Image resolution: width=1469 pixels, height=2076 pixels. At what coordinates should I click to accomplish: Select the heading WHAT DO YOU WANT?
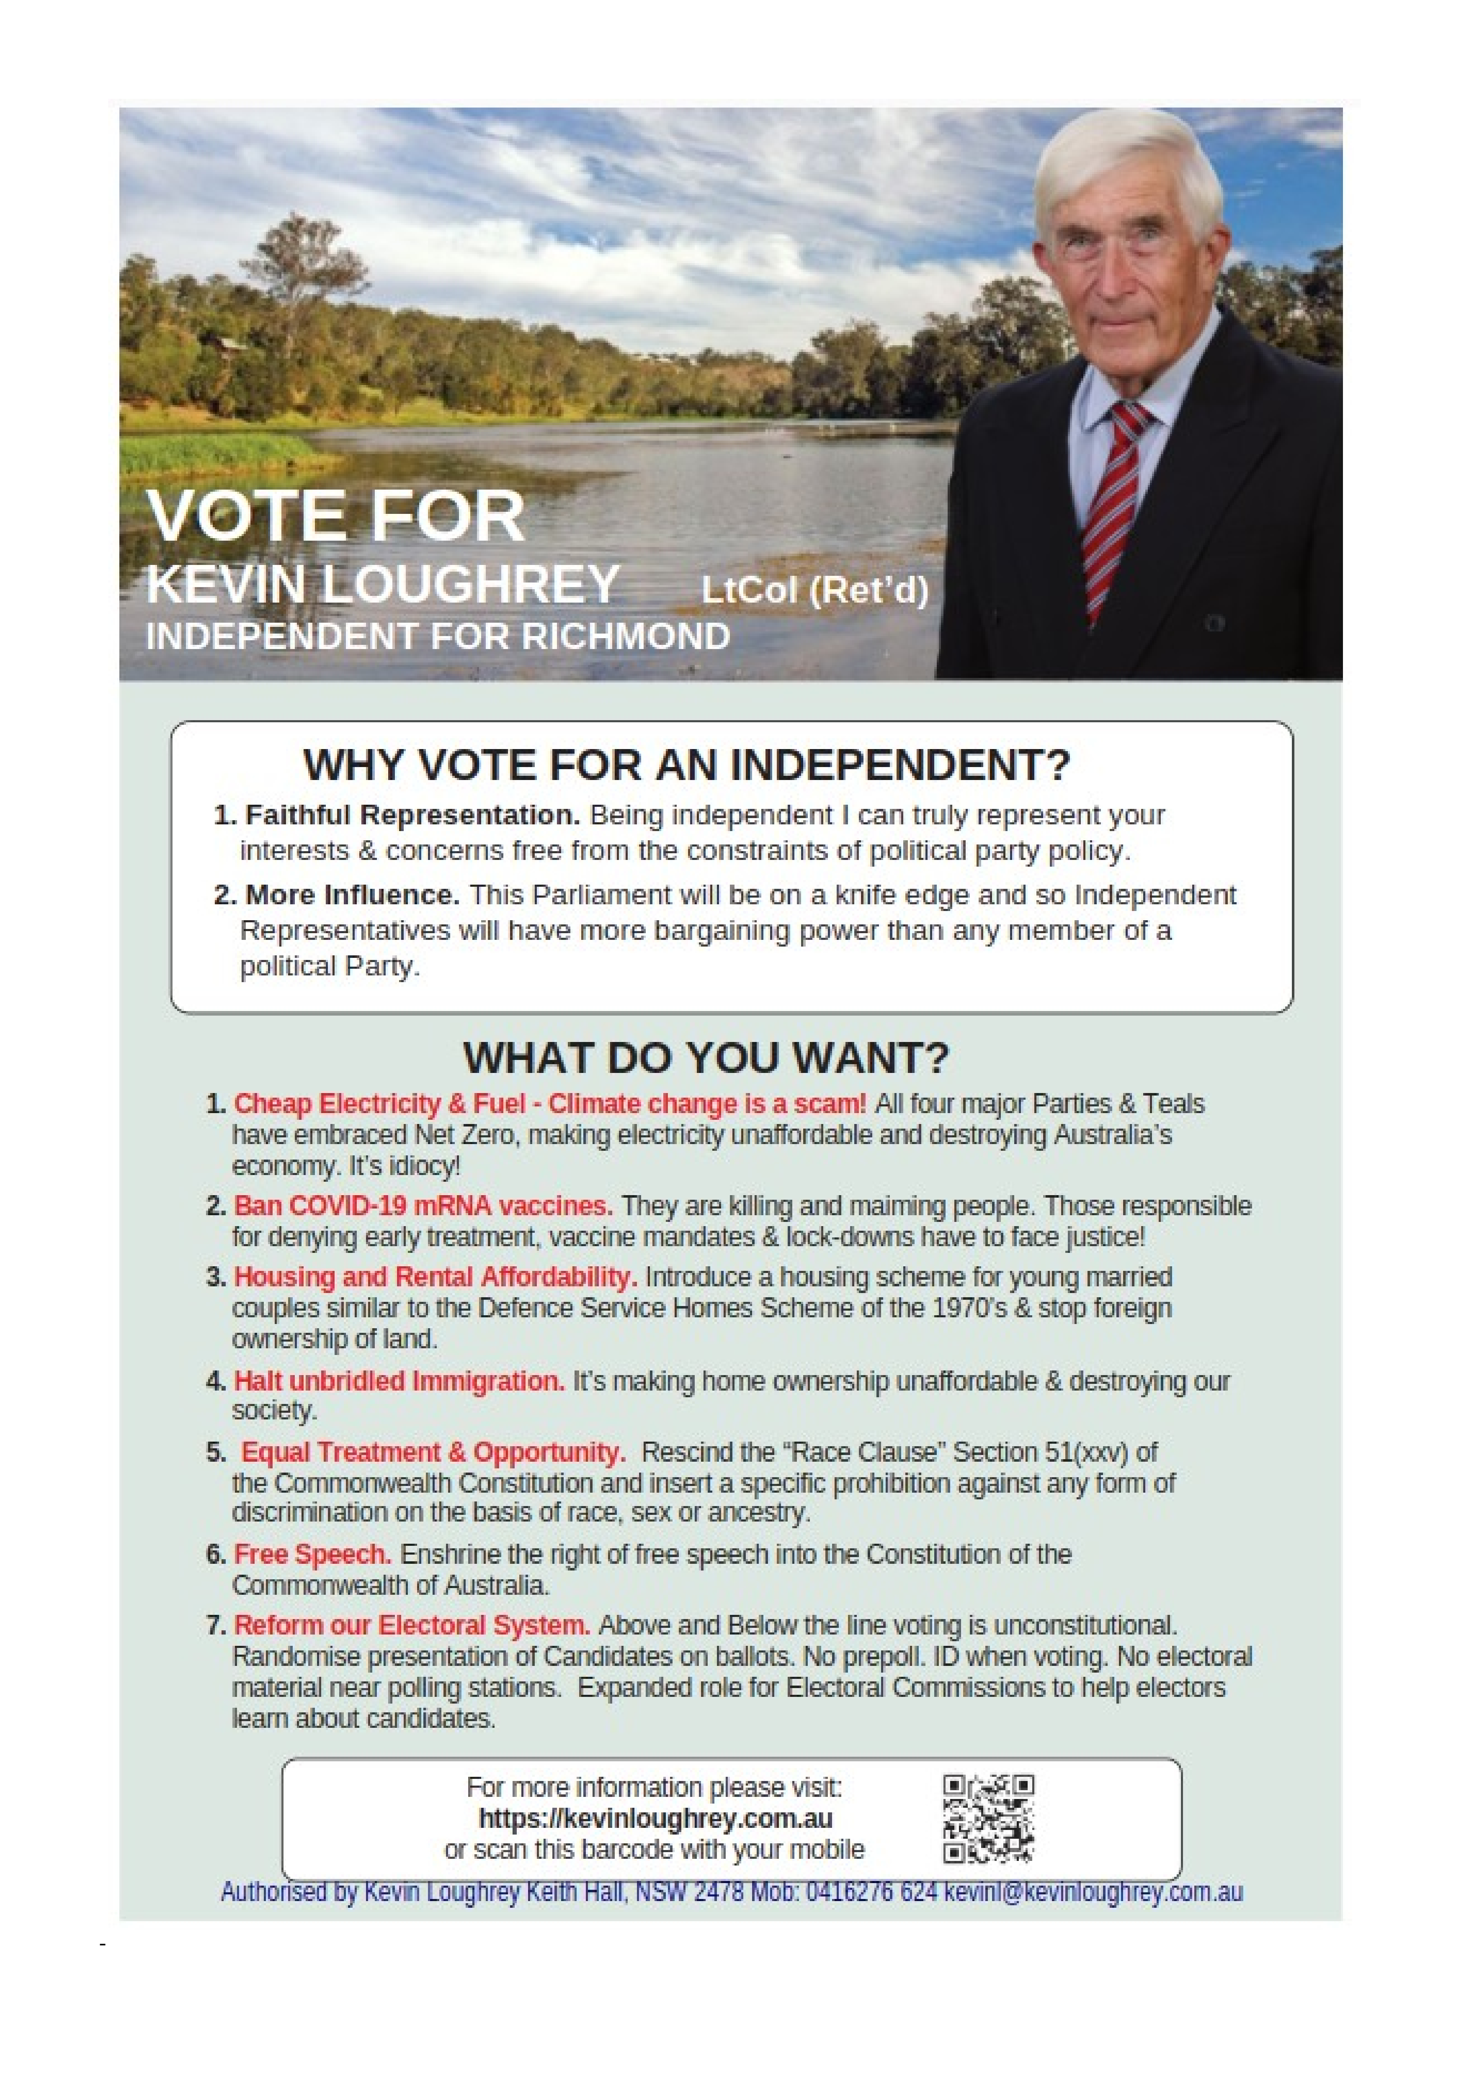click(706, 1057)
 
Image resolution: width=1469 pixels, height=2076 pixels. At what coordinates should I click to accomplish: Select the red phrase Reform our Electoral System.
click(412, 1625)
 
